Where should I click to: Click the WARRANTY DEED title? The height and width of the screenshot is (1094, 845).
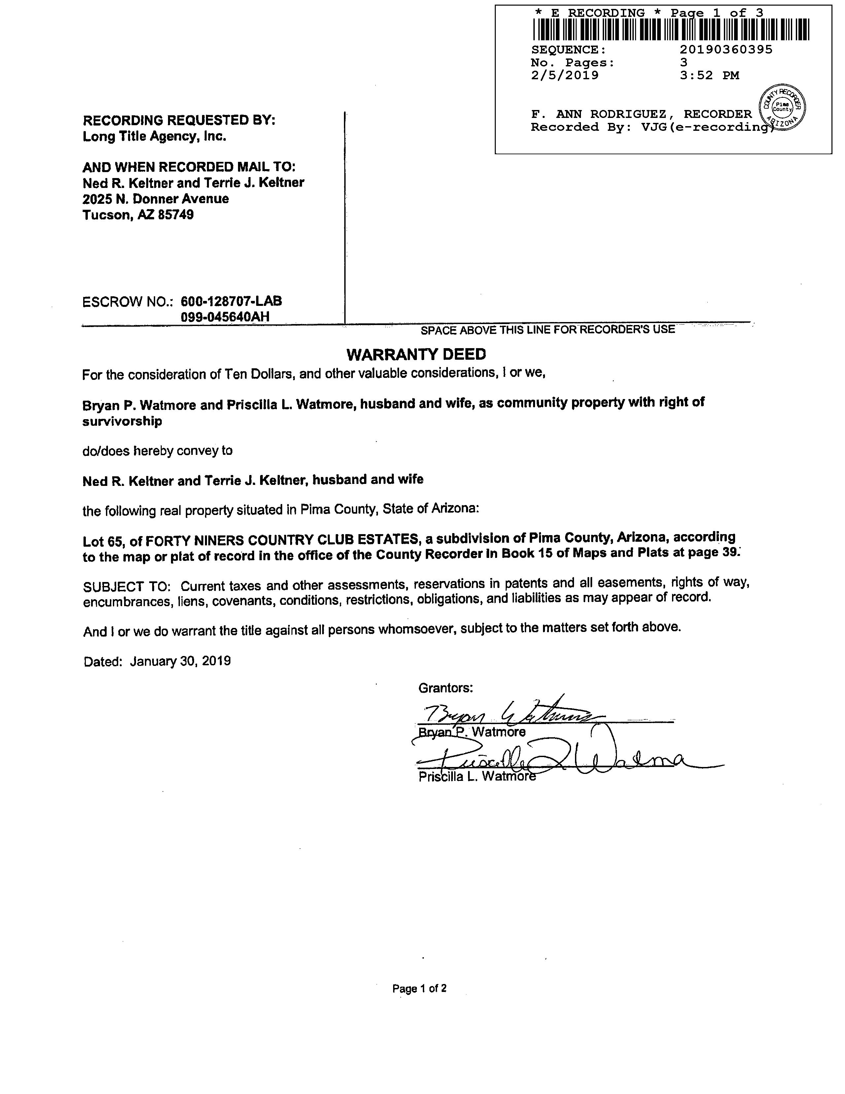[416, 355]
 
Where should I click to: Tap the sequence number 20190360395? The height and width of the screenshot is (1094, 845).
[726, 50]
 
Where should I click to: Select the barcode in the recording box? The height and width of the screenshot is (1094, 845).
[671, 29]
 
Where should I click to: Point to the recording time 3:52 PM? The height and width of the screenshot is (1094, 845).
[709, 76]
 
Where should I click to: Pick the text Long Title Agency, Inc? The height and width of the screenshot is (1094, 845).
[154, 136]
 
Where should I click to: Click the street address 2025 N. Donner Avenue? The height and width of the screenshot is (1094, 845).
[156, 199]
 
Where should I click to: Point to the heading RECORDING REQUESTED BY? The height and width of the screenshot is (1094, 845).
[179, 120]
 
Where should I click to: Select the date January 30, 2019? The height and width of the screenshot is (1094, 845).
[180, 661]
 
